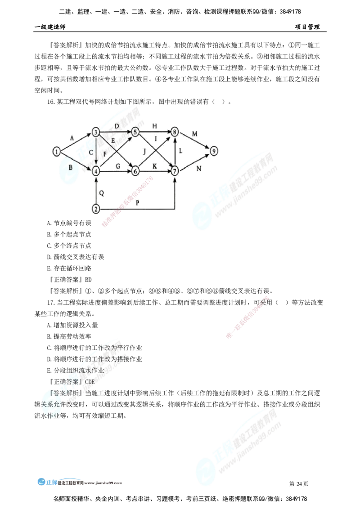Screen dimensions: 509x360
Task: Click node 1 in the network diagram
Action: point(56,152)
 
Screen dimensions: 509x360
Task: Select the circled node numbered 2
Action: point(96,209)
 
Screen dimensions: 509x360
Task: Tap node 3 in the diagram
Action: point(95,132)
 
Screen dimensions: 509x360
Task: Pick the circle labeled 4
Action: point(96,171)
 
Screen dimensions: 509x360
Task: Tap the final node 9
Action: point(214,151)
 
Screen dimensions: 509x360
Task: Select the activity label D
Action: point(116,125)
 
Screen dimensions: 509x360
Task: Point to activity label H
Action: point(155,125)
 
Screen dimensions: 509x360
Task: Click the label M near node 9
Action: point(194,134)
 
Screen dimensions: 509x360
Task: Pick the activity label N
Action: point(198,169)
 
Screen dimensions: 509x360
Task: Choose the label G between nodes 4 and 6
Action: point(118,166)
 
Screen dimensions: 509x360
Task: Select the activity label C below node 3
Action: point(91,152)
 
